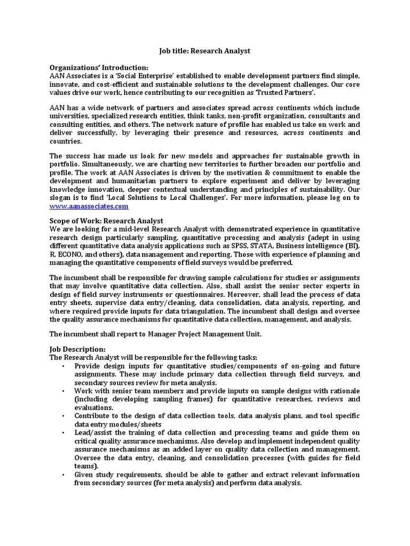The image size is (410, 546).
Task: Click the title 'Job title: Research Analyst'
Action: (x=205, y=51)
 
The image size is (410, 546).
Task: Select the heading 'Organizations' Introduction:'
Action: (x=99, y=68)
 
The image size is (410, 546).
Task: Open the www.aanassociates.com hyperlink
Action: (x=89, y=206)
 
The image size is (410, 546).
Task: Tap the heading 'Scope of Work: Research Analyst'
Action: (x=106, y=221)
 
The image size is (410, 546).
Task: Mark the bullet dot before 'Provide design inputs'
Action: (x=62, y=366)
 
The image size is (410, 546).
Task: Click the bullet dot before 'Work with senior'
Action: (x=62, y=391)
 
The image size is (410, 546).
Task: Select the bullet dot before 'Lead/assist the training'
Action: (x=62, y=433)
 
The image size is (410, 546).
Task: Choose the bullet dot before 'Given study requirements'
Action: (x=62, y=475)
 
